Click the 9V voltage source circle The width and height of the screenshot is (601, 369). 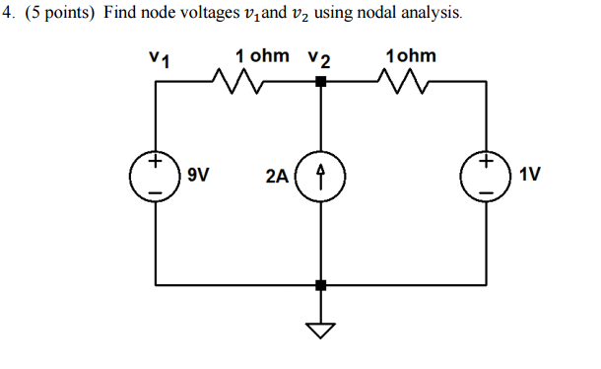coord(156,177)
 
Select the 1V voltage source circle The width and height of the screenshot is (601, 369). coord(488,177)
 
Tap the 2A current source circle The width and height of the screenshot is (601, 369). coord(319,177)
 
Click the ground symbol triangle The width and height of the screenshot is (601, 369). coord(319,329)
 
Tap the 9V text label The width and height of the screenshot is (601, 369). coord(198,177)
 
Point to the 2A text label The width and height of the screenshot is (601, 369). coord(277,177)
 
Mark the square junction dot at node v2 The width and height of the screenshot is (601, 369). coord(319,83)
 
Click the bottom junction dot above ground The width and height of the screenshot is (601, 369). coord(319,286)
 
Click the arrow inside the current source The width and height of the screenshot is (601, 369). coord(319,177)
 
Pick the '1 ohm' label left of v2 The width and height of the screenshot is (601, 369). coord(262,56)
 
